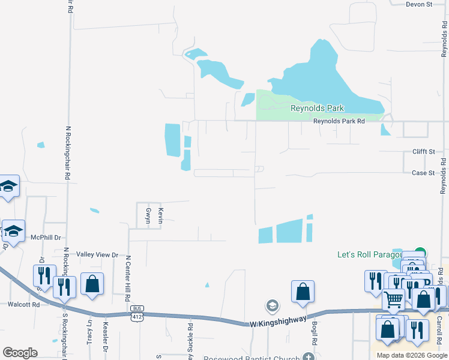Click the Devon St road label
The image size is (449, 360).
pos(419,4)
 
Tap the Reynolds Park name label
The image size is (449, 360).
pos(317,108)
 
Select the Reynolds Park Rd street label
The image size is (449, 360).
pos(339,121)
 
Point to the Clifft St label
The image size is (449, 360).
pos(423,152)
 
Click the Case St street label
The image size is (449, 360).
pos(423,173)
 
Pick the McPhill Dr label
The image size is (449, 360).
pos(46,238)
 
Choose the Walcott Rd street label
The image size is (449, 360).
pos(23,304)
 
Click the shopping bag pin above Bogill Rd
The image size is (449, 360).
pos(303,292)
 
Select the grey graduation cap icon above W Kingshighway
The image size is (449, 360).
pos(272,305)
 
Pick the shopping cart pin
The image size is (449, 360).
pos(394,299)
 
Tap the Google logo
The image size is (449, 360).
pos(20,353)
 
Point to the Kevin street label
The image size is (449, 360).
pos(160,215)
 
